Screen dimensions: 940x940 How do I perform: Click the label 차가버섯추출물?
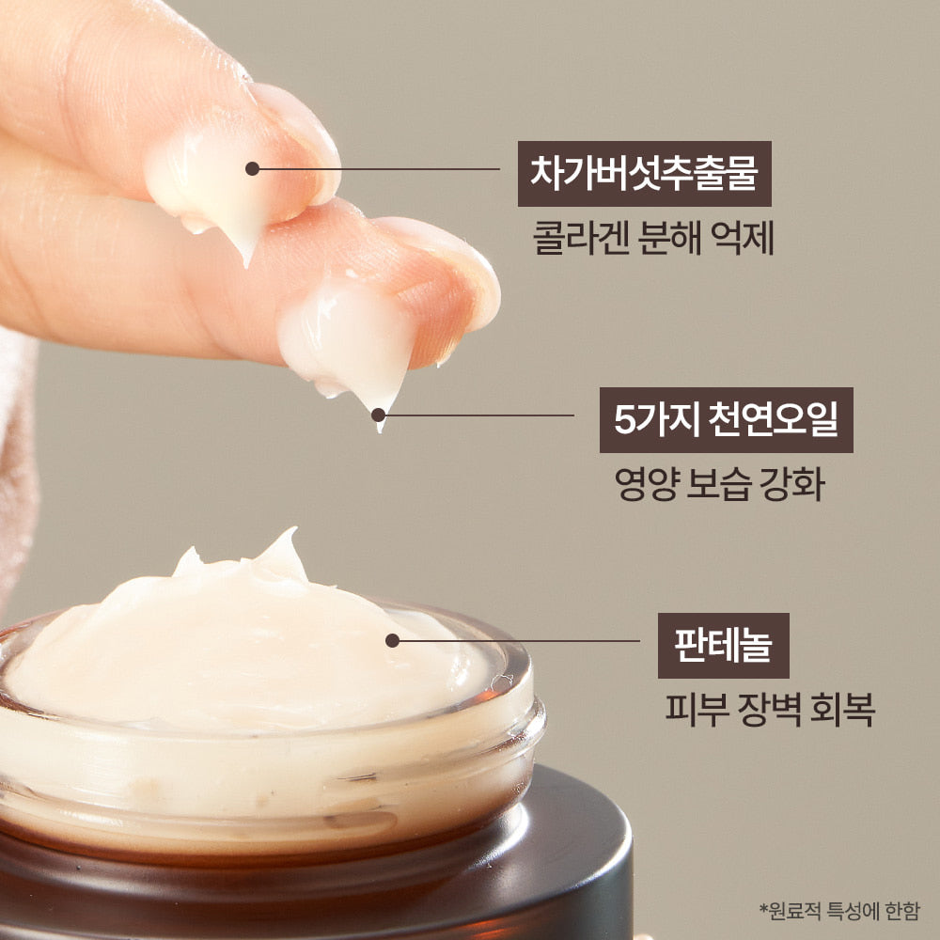point(645,174)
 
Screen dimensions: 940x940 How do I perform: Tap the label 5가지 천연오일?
point(726,419)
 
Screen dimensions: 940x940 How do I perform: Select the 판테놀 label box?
point(723,646)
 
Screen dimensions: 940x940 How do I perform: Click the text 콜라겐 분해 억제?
point(653,239)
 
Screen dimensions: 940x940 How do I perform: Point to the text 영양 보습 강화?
point(719,484)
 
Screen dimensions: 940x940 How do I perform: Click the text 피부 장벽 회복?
point(771,710)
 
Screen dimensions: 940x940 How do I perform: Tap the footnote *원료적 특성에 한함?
point(839,911)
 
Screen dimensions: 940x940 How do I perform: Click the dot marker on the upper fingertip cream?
point(252,169)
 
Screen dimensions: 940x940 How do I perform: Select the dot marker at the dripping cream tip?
point(378,415)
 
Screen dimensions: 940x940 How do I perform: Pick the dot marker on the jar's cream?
point(393,641)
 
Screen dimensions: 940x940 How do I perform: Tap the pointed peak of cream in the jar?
point(292,531)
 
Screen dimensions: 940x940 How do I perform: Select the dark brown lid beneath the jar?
point(312,875)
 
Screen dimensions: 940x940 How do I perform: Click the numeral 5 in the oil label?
point(624,419)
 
